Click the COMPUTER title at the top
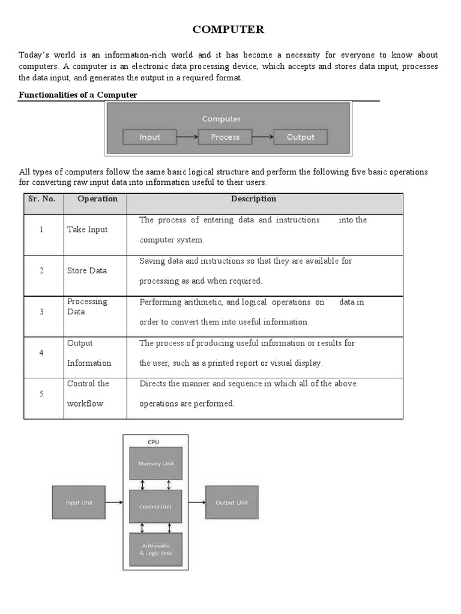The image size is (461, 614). point(227,29)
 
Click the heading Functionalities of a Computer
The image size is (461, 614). point(78,95)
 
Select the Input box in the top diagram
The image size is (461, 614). point(149,137)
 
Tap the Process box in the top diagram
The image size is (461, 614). point(225,137)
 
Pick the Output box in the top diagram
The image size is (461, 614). point(300,137)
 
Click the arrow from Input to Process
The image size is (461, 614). point(187,137)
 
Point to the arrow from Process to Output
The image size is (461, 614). point(263,137)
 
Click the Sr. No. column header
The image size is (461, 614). point(42,199)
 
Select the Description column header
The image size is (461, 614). point(253,199)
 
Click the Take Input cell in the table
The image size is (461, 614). point(88,230)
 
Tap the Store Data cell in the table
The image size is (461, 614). point(87,270)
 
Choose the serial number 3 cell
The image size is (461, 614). point(41,312)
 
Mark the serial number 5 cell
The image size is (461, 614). point(41,394)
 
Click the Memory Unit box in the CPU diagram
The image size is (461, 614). point(155,463)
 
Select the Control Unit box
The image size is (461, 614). point(155,507)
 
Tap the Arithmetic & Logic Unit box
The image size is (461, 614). point(155,549)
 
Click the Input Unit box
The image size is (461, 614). point(80,502)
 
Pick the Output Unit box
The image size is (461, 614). point(232,502)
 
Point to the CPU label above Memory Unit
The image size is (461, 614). point(154,442)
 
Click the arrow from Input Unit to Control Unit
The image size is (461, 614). point(118,502)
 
